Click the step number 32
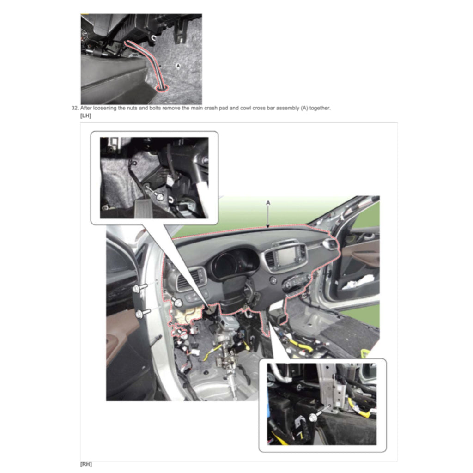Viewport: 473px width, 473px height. click(x=75, y=108)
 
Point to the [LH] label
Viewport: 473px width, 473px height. click(x=85, y=115)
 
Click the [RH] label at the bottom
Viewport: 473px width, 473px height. click(x=86, y=464)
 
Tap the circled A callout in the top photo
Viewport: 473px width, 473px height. click(x=178, y=66)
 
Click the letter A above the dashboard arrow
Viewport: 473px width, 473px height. click(x=268, y=203)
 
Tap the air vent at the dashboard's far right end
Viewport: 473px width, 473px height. click(x=330, y=244)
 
